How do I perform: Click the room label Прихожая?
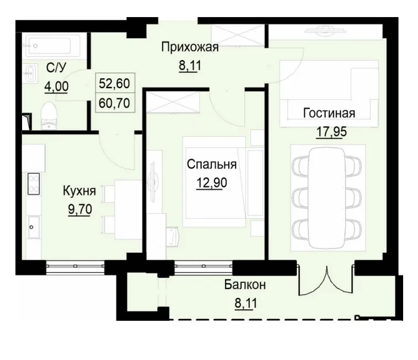coord(189,47)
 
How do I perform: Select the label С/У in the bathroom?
coord(56,68)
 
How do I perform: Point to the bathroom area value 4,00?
coord(56,86)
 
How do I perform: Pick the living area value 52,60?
coord(114,84)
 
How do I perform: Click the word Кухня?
coord(79,191)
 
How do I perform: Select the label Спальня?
coord(212,164)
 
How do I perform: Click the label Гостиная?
coord(329,114)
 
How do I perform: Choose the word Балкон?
coord(245,285)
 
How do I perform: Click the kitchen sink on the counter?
coord(33,227)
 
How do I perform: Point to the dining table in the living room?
coord(328,196)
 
